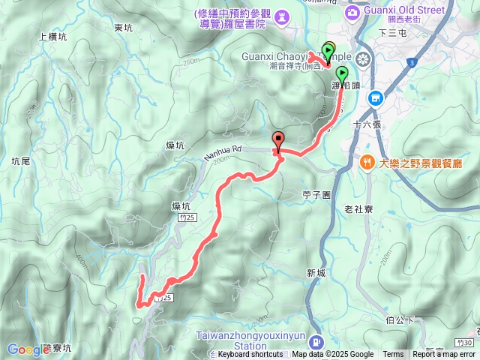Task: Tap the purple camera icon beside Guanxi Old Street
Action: click(352, 11)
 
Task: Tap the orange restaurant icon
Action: click(367, 162)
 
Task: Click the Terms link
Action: click(393, 355)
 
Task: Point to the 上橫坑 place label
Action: click(52, 36)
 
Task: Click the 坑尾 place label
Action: click(20, 161)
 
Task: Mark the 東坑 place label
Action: click(123, 28)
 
